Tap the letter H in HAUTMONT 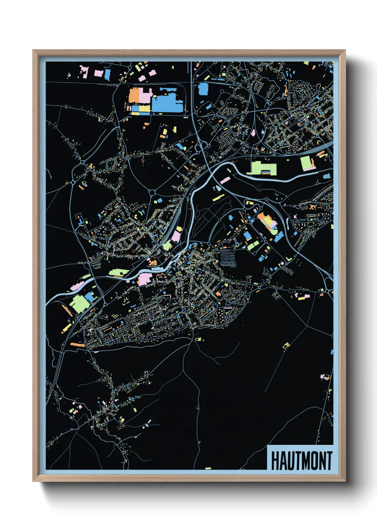pos(275,461)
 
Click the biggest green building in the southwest pos(79,303)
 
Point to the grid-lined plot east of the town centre pos(228,258)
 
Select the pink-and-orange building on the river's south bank pos(145,279)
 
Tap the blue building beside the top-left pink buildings pos(107,75)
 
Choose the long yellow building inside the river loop pos(218,197)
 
